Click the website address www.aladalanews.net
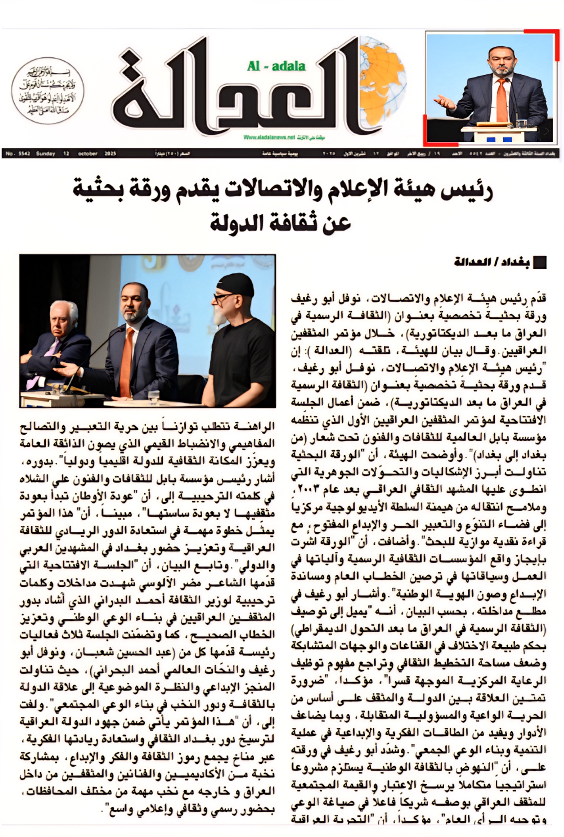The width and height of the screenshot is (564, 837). tap(269, 137)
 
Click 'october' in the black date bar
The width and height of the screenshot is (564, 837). tap(88, 154)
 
